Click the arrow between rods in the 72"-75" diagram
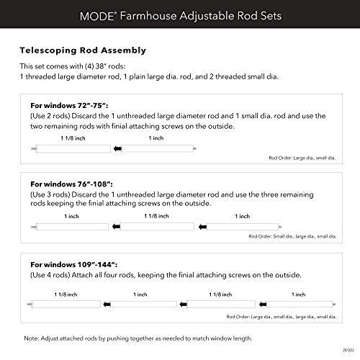116,148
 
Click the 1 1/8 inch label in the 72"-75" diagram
71,138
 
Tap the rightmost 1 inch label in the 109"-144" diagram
296,294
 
